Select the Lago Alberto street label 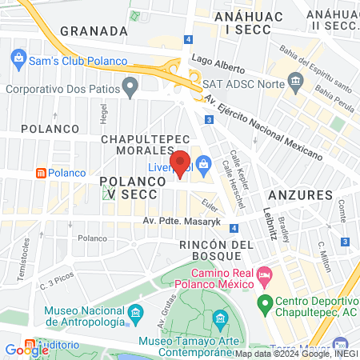pyautogui.click(x=218, y=60)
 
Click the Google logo pyautogui.click(x=26, y=350)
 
